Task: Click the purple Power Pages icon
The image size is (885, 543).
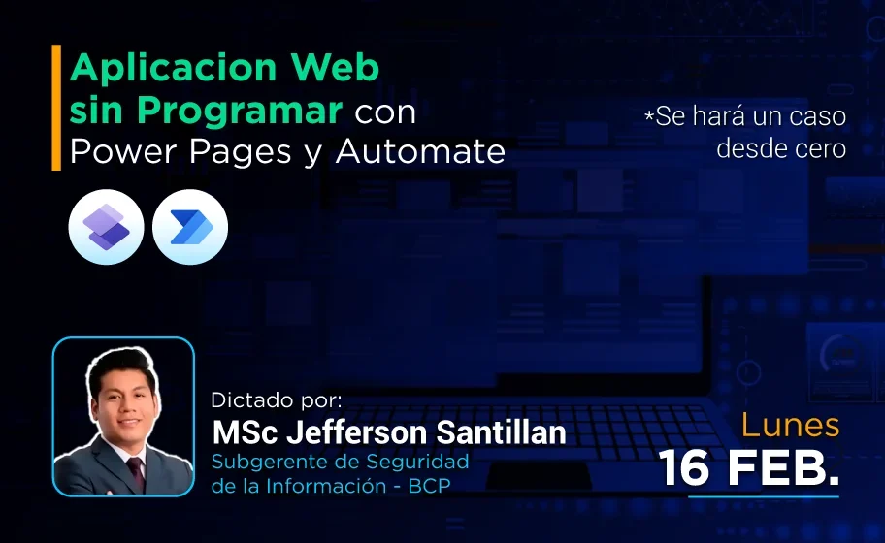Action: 106,227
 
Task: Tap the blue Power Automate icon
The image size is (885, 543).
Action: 190,227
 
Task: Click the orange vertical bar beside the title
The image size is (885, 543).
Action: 56,108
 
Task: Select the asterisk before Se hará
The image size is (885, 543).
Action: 649,117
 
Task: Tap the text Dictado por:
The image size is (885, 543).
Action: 277,399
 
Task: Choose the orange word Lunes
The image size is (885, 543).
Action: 791,425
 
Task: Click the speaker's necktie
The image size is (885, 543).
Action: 136,474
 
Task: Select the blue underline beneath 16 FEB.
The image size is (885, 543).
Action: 763,496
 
